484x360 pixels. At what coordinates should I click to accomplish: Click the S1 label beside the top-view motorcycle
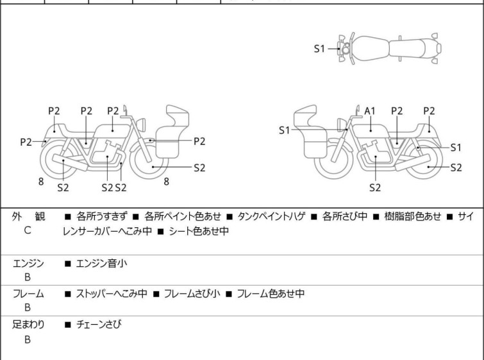(319, 48)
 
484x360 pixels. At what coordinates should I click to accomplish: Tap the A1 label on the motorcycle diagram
(369, 111)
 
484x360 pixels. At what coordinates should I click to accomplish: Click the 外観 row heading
(28, 217)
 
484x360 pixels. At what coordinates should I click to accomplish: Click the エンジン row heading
(28, 263)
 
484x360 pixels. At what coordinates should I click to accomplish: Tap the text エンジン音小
(103, 263)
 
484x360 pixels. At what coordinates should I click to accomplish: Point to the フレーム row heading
(28, 294)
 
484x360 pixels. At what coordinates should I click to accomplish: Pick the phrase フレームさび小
(192, 294)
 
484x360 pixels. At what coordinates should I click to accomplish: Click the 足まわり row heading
(28, 325)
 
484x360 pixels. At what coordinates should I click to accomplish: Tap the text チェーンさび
(99, 325)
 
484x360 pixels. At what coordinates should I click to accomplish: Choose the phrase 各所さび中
(345, 217)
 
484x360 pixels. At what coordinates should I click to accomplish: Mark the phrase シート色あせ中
(199, 231)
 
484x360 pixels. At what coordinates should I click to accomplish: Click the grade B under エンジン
(28, 277)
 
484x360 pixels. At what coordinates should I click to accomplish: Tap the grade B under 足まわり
(28, 339)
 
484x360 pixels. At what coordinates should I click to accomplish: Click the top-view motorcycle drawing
(391, 48)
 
